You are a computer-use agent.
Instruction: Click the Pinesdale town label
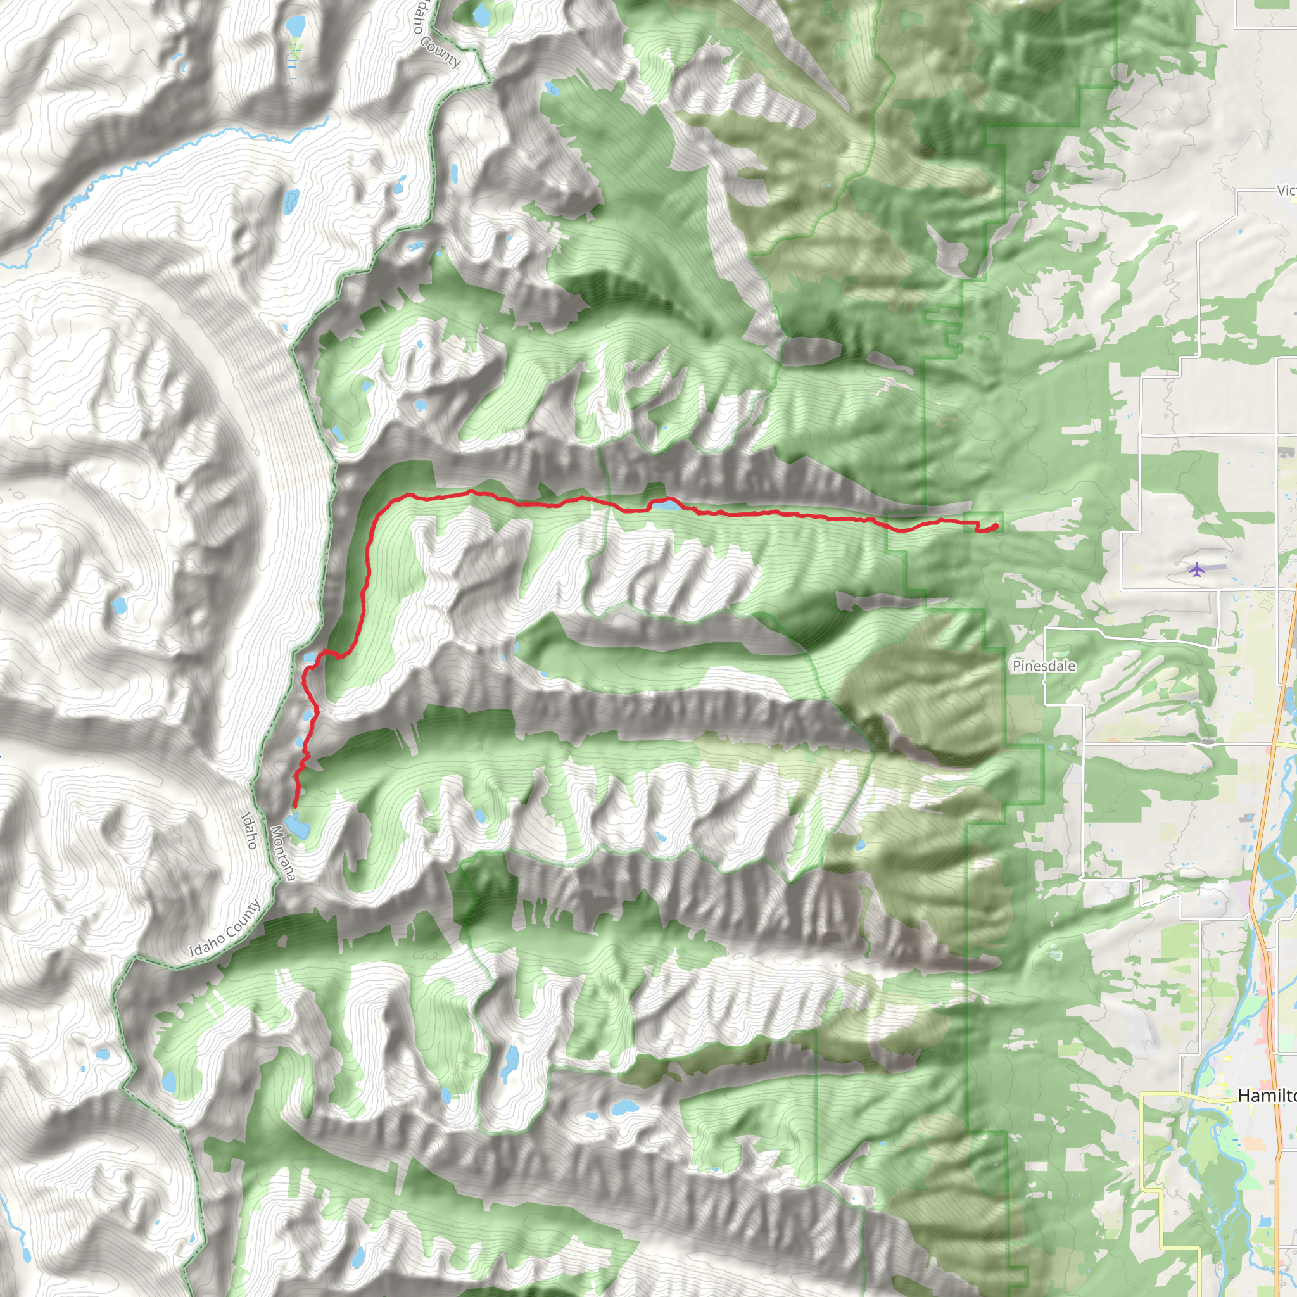(1043, 666)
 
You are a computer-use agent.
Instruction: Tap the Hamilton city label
(1265, 1096)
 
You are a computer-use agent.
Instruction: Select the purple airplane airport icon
(1196, 570)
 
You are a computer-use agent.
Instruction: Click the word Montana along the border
(282, 852)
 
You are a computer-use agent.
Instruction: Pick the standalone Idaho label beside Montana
(249, 830)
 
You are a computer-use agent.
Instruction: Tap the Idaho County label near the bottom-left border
(224, 929)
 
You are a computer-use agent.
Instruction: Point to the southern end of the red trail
(295, 806)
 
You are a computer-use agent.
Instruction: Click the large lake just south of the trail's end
(298, 826)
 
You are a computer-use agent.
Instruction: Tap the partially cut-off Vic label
(1286, 191)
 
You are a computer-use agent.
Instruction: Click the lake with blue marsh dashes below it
(294, 27)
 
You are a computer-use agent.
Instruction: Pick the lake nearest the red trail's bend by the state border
(310, 658)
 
